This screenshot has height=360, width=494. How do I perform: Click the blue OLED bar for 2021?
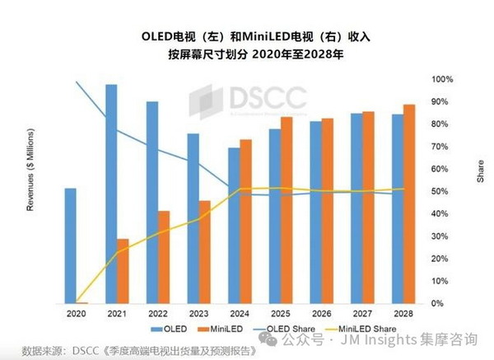pos(111,194)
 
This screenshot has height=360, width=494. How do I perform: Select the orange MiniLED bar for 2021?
pos(123,271)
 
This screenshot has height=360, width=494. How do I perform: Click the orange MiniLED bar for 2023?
pos(204,251)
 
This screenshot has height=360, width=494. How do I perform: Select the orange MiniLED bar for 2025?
pos(287,210)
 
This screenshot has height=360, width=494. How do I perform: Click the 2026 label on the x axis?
pos(321,314)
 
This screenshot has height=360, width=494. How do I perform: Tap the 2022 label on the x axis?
pos(158,314)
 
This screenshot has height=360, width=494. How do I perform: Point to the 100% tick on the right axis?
pos(443,79)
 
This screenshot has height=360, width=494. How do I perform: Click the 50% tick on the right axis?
pos(441,191)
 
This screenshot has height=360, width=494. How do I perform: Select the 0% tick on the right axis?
pos(439,304)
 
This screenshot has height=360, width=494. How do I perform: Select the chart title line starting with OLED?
pos(246,37)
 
